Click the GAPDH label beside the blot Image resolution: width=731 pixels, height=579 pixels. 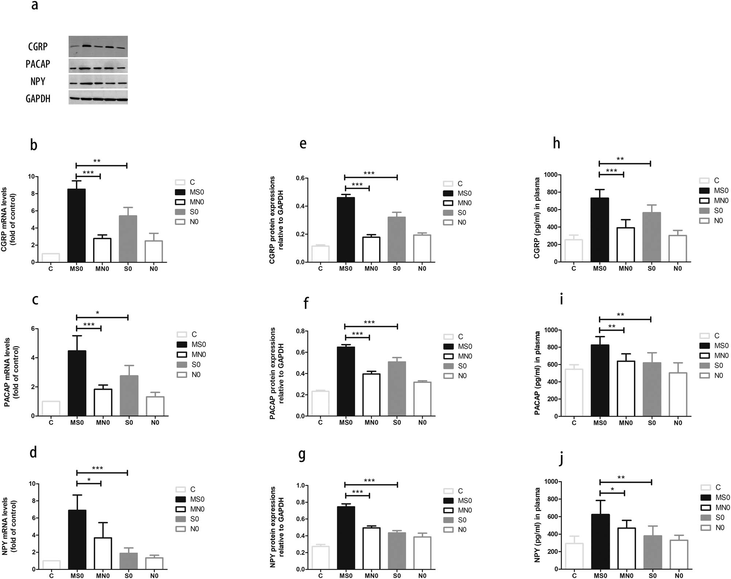(x=38, y=99)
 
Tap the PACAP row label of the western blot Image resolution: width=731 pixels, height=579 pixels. (x=38, y=64)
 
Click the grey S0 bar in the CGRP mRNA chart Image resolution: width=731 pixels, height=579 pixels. (x=128, y=239)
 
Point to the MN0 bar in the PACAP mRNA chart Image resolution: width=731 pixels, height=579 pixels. (x=103, y=402)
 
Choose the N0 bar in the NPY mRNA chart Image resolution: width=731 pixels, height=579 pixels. (x=154, y=563)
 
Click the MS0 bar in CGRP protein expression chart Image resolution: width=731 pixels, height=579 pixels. (x=346, y=230)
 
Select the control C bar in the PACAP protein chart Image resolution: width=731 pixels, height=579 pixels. (x=320, y=403)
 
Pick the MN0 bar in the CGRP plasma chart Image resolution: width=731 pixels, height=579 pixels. (x=626, y=245)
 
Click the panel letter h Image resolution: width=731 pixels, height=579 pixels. (x=556, y=143)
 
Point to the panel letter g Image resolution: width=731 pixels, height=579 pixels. (x=302, y=455)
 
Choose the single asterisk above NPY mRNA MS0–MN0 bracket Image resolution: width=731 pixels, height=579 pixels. (x=89, y=480)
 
